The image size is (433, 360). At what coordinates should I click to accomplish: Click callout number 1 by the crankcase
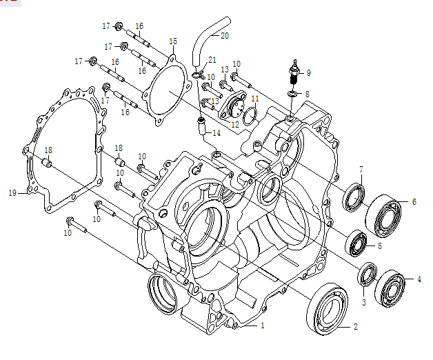point(262,325)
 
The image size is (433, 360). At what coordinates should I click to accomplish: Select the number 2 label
point(356,327)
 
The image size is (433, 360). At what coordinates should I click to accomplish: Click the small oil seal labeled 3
point(367,274)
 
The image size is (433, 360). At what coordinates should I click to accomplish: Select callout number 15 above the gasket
point(172,41)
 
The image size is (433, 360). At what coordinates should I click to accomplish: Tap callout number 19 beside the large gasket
point(12,193)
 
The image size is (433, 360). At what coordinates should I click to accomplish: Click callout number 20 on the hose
point(225,34)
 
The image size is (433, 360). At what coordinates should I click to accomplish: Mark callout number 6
point(414,202)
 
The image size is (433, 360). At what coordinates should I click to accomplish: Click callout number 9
point(308,72)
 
